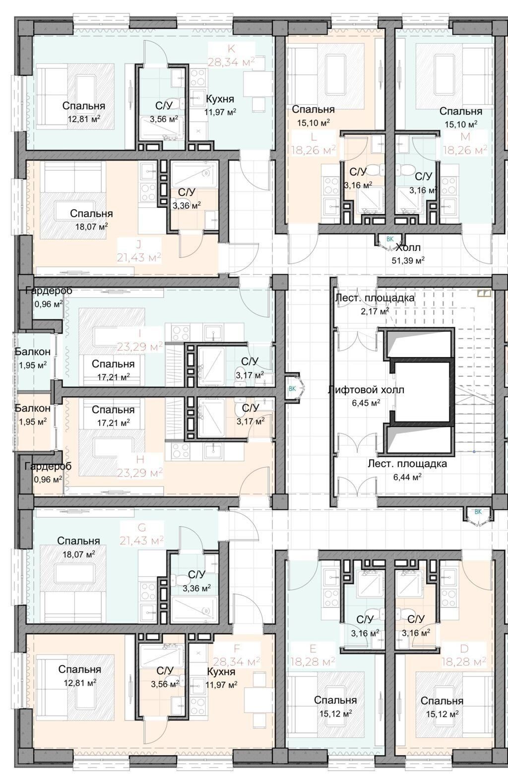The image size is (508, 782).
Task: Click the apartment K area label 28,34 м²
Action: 231,62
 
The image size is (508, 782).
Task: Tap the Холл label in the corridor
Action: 408,247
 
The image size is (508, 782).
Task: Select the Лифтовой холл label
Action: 366,390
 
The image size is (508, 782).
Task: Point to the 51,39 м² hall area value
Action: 408,260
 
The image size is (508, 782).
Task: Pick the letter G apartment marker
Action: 142,527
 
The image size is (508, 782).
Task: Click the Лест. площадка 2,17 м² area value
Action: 375,311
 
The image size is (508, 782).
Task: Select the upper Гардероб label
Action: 49,291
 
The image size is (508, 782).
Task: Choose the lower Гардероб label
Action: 48,466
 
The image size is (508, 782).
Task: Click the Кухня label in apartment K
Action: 220,99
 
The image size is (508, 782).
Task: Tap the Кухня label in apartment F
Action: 221,671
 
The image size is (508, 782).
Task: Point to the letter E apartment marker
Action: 313,649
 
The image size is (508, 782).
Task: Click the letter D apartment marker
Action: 464,649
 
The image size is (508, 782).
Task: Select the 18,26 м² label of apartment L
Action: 314,150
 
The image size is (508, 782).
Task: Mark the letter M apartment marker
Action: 465,136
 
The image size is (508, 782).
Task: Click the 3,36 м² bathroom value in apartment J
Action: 187,205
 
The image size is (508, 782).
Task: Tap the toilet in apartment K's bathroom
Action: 180,102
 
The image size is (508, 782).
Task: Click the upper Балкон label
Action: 32,352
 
